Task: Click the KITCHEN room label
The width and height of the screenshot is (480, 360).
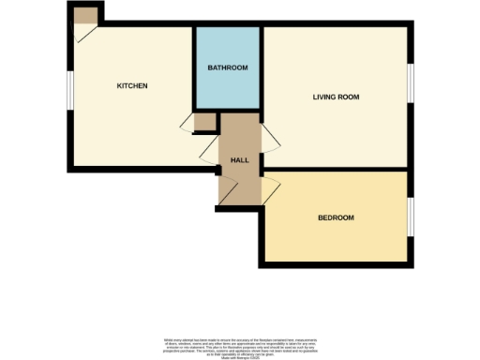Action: coord(132,86)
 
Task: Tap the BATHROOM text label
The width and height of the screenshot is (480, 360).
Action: coord(227,67)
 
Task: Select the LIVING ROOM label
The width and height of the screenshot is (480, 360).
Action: coord(336,97)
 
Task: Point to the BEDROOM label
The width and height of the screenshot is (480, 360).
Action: coord(336,217)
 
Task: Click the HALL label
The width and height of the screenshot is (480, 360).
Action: coord(239,160)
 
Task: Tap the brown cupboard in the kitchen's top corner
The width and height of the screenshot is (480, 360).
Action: coord(85,16)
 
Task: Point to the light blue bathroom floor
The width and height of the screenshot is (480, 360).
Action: coord(227,89)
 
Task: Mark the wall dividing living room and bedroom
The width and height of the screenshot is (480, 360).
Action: coord(337,171)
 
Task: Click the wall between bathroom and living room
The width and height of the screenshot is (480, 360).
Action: coord(261,70)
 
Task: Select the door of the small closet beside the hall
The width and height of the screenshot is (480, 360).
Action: coord(200,135)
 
